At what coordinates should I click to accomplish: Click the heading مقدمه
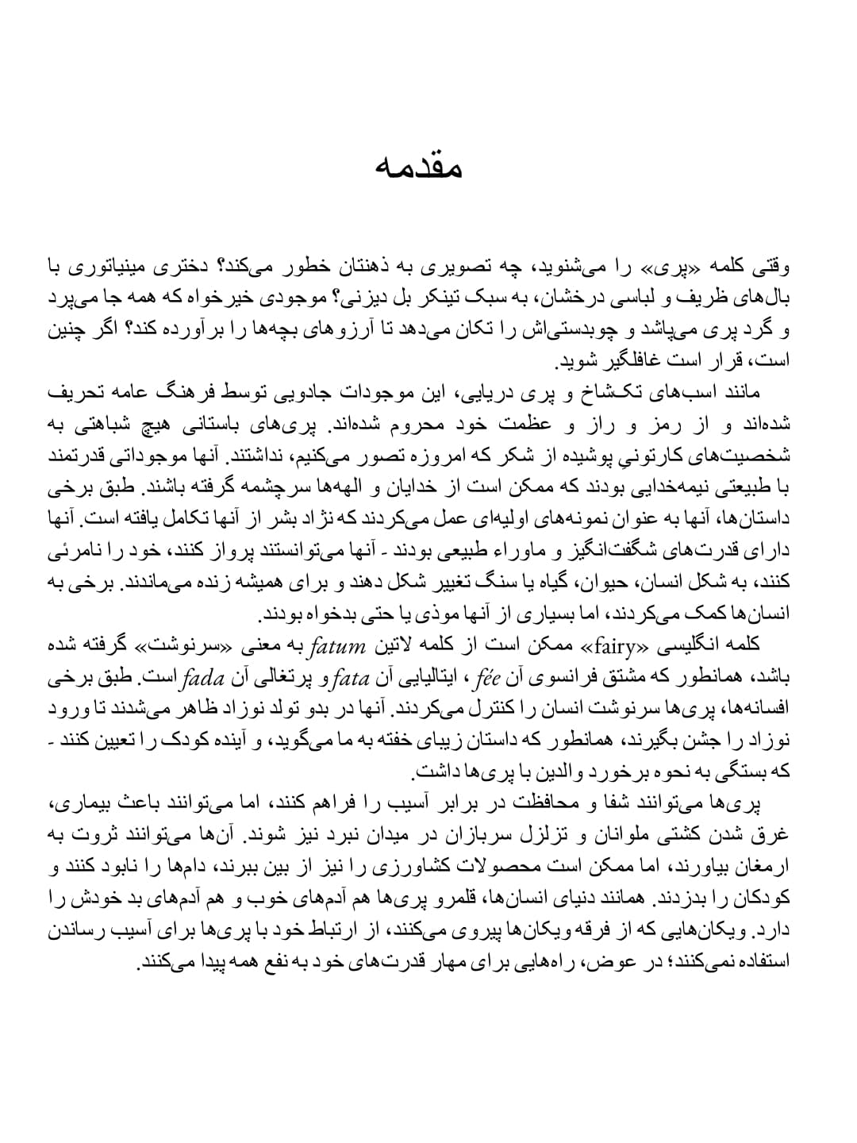[x=428, y=167]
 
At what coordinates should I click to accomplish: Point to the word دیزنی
[x=367, y=298]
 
